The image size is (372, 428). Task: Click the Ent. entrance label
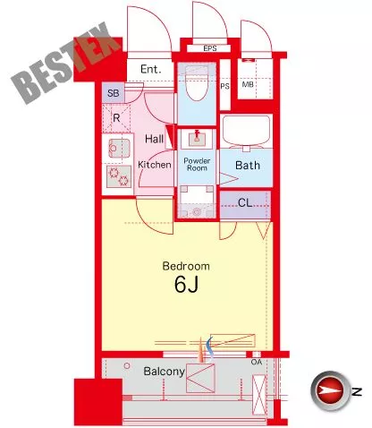click(x=151, y=69)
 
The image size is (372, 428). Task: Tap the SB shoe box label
click(x=114, y=93)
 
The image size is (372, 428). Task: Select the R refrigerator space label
click(x=116, y=118)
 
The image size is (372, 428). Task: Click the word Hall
click(x=154, y=139)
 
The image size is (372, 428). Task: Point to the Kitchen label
click(x=155, y=165)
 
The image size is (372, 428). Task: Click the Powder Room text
click(x=197, y=164)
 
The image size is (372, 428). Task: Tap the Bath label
click(x=248, y=165)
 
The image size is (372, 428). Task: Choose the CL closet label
click(x=245, y=203)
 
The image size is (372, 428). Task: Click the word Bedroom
click(x=186, y=266)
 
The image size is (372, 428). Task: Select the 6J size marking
click(x=186, y=284)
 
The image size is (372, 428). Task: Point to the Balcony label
click(x=164, y=372)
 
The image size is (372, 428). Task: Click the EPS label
click(x=210, y=48)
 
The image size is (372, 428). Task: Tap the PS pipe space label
click(x=224, y=86)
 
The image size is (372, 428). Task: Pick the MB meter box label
click(x=248, y=84)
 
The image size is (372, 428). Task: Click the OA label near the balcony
click(x=257, y=362)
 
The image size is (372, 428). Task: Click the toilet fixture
click(x=196, y=83)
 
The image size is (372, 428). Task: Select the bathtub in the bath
click(x=246, y=131)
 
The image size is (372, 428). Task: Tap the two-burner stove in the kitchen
click(x=119, y=176)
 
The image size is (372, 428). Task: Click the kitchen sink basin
click(x=119, y=149)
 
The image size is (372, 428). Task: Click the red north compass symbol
click(x=329, y=390)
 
